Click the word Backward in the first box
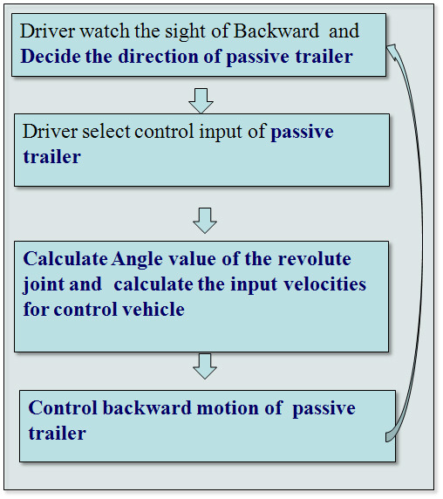click(x=276, y=31)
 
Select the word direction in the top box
click(x=158, y=57)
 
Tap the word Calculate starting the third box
click(x=65, y=258)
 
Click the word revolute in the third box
click(x=314, y=258)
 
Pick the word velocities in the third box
click(x=324, y=284)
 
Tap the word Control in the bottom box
click(x=62, y=407)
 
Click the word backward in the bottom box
click(x=147, y=407)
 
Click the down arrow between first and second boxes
click(x=201, y=101)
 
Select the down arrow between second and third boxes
click(x=205, y=221)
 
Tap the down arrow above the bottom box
click(x=205, y=366)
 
